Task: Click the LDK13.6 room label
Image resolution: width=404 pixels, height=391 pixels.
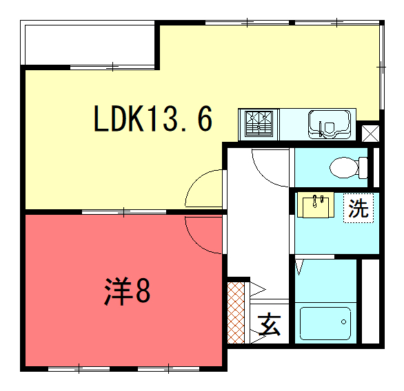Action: (153, 118)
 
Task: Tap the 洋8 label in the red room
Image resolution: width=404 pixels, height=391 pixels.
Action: (127, 291)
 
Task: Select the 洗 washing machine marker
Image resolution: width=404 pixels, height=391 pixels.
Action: (358, 208)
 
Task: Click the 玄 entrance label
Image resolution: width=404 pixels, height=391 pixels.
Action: (269, 324)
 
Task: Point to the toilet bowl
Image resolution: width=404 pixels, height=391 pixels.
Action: (344, 167)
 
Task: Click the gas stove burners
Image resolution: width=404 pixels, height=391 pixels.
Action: (259, 124)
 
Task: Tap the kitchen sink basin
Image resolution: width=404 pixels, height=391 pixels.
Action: (330, 125)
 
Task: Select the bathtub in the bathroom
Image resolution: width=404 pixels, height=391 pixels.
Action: (325, 324)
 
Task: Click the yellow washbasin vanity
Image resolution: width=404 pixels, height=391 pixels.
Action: (316, 205)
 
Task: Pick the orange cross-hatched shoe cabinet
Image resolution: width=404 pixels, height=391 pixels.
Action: (236, 313)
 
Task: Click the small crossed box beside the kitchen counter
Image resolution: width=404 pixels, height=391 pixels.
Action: (370, 134)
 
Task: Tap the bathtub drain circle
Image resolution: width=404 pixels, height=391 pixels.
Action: (343, 321)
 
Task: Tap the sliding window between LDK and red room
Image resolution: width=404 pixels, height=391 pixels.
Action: (124, 212)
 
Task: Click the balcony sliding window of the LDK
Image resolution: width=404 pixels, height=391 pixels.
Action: (112, 67)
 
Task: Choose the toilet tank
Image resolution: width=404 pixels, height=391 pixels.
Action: (363, 168)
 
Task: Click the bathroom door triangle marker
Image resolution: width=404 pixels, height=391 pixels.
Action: (299, 268)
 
